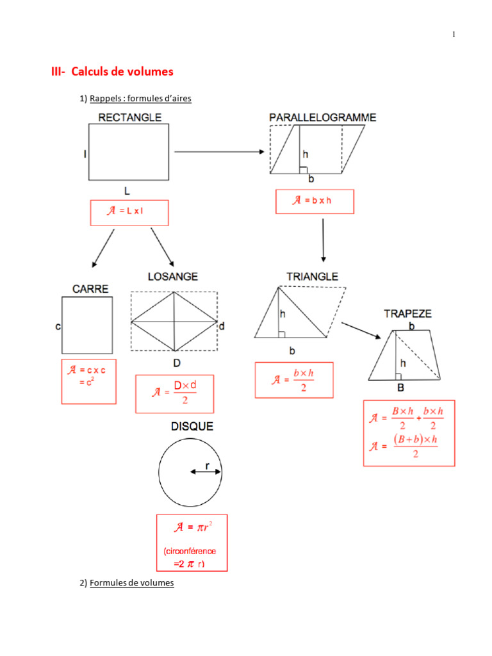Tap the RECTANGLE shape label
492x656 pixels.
point(129,117)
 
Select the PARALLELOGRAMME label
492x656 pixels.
point(322,117)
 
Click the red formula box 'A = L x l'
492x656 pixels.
point(129,213)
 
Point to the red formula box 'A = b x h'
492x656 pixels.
point(315,201)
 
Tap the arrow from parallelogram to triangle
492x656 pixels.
point(323,240)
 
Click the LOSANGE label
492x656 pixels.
point(173,277)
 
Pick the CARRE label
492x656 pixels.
point(90,289)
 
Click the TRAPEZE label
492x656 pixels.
point(407,313)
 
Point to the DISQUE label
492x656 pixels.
point(192,426)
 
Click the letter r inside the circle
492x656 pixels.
point(207,465)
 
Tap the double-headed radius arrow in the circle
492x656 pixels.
point(206,472)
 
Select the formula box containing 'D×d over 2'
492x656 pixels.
point(174,393)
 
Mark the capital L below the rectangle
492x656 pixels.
point(127,191)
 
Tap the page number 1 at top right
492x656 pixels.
point(454,35)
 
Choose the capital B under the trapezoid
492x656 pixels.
point(400,388)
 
